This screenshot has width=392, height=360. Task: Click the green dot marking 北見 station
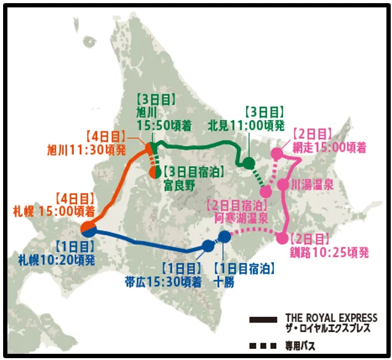pos(248,163)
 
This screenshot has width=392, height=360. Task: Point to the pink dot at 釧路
pos(282,238)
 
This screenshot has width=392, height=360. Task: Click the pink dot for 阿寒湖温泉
pos(266,191)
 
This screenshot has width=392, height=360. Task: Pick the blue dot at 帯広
pos(208,246)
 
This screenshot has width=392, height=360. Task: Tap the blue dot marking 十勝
pos(225,236)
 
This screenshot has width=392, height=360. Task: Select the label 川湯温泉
pos(312,184)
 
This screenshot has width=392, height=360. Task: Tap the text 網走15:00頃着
pos(329,148)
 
